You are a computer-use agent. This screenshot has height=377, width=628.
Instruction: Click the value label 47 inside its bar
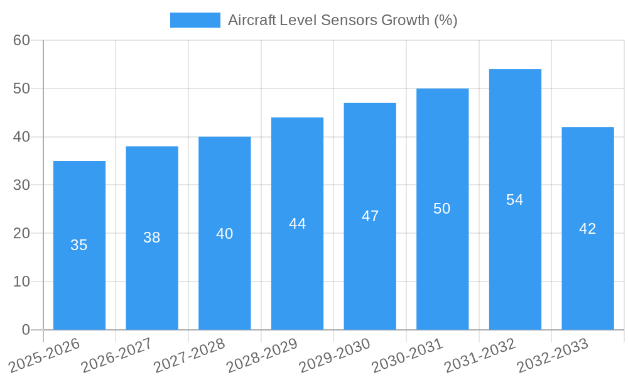pyautogui.click(x=370, y=216)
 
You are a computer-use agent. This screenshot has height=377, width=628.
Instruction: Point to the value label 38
pyautogui.click(x=152, y=238)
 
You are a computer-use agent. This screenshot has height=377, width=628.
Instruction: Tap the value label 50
pyautogui.click(x=442, y=209)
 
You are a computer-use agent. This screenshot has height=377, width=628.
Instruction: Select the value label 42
pyautogui.click(x=588, y=229)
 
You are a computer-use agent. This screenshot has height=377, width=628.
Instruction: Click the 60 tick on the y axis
pyautogui.click(x=22, y=40)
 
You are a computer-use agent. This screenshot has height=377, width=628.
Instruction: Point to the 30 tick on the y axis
pyautogui.click(x=22, y=185)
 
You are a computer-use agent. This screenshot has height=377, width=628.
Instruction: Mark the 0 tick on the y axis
pyautogui.click(x=26, y=329)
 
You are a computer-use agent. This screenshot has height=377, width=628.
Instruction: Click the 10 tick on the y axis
pyautogui.click(x=22, y=281)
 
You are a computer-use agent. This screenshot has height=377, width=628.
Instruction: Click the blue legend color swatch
pyautogui.click(x=195, y=20)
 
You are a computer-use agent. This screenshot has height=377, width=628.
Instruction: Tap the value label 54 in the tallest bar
pyautogui.click(x=515, y=200)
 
